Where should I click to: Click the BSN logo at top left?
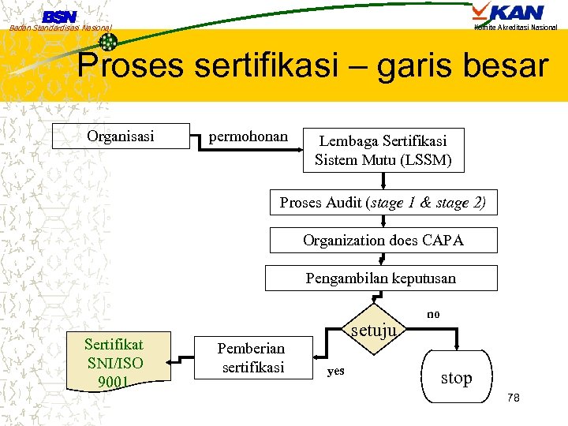tap(59, 17)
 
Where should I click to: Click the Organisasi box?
tap(121, 136)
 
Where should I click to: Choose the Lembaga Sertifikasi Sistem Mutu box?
tap(383, 150)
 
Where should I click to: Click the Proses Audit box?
tap(383, 202)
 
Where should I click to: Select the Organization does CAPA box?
tap(383, 240)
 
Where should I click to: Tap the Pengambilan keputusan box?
tap(381, 278)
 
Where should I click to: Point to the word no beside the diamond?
tap(433, 314)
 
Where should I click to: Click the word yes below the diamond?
tap(335, 371)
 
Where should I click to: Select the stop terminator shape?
tap(456, 378)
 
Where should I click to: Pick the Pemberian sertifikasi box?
tap(252, 357)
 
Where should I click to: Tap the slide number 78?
tap(513, 398)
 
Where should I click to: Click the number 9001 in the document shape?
tap(114, 383)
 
